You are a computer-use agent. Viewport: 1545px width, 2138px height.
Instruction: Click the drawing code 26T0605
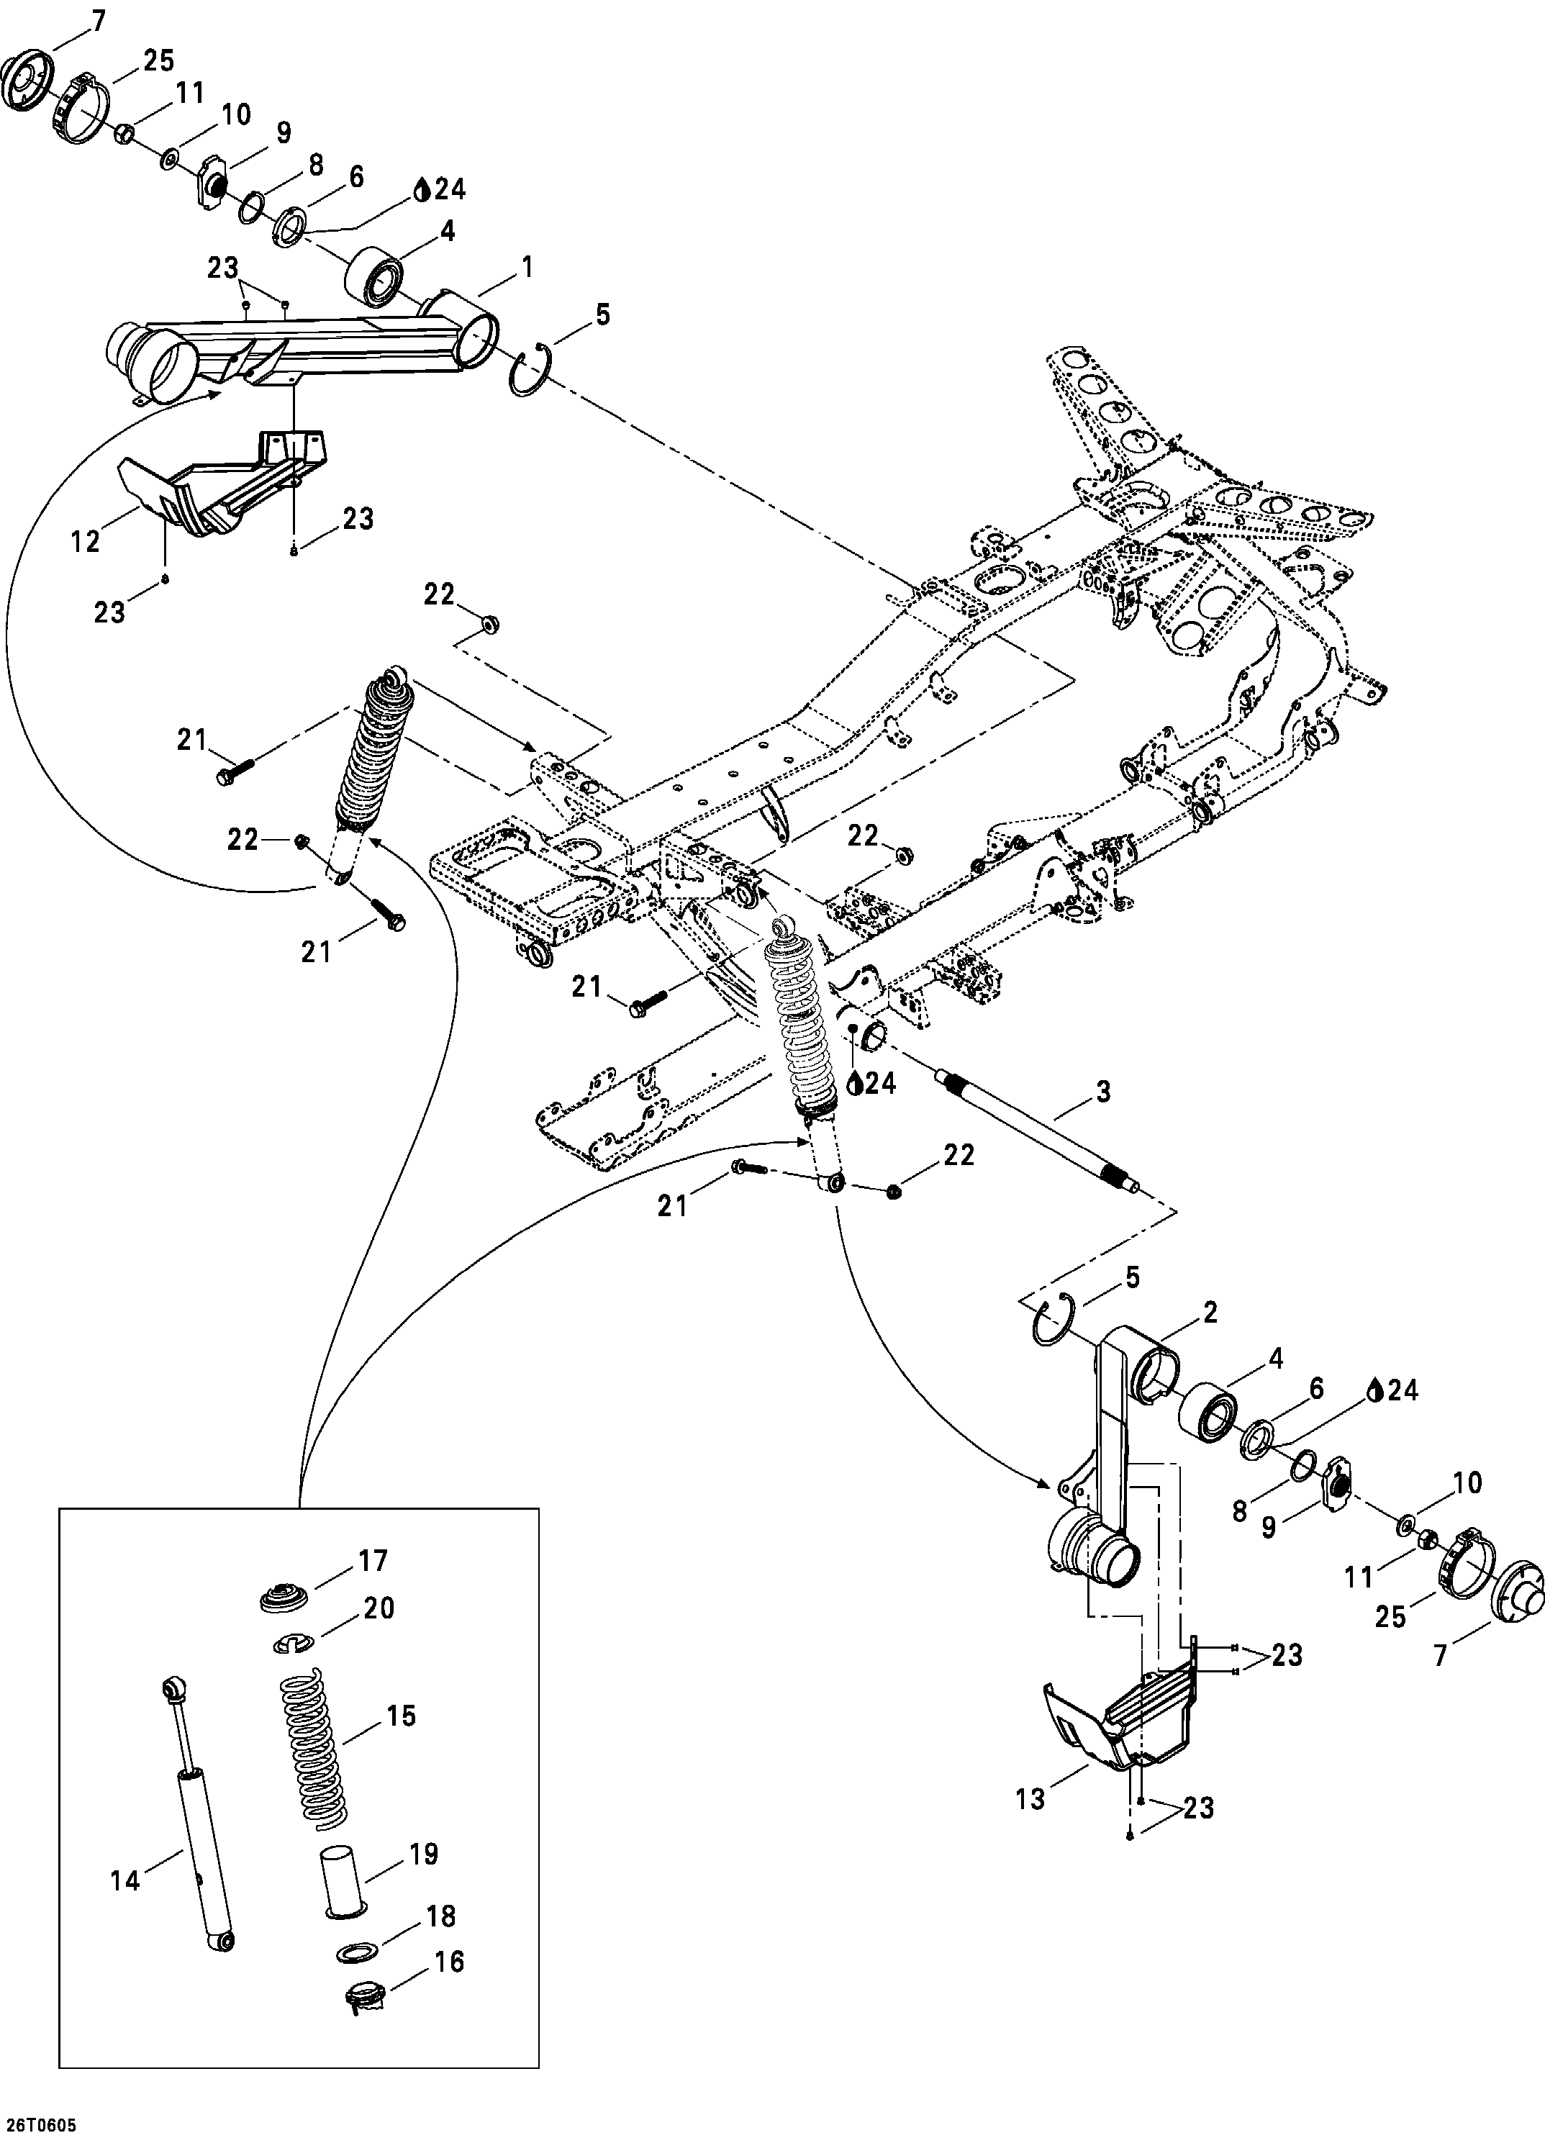pyautogui.click(x=39, y=2125)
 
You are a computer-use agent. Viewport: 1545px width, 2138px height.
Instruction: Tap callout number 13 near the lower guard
pyautogui.click(x=1031, y=1798)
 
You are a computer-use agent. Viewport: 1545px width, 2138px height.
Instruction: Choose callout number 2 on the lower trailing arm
pyautogui.click(x=1210, y=1312)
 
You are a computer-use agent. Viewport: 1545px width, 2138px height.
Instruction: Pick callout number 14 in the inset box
pyautogui.click(x=124, y=1880)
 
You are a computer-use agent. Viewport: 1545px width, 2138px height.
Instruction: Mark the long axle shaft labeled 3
pyautogui.click(x=1037, y=1131)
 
